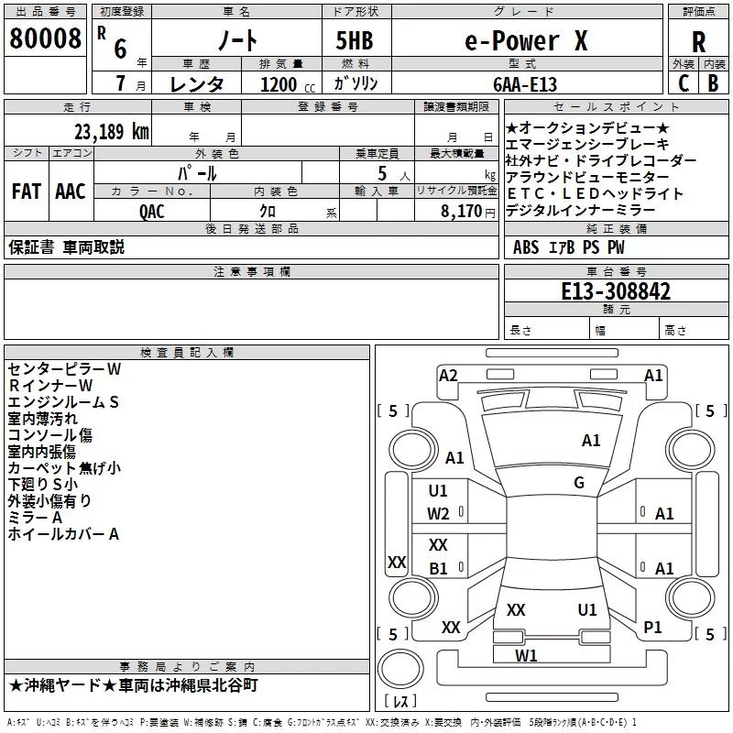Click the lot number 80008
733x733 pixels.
click(45, 38)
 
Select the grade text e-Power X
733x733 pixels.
click(526, 40)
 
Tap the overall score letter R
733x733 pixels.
click(698, 42)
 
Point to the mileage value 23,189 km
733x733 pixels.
click(111, 132)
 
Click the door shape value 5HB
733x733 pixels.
click(355, 40)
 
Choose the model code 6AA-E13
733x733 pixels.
click(525, 84)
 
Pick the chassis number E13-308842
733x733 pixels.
click(616, 291)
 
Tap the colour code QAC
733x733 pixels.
click(152, 212)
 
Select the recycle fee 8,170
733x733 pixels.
click(461, 212)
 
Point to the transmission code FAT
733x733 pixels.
click(27, 191)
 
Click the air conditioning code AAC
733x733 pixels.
click(71, 191)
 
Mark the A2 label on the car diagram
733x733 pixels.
click(448, 376)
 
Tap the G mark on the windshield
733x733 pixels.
click(579, 482)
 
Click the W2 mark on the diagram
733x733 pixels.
click(438, 514)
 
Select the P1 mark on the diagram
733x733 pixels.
click(652, 628)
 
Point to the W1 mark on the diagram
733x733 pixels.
click(526, 656)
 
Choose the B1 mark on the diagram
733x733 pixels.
click(439, 568)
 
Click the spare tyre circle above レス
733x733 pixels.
click(400, 669)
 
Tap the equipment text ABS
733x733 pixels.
click(526, 247)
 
